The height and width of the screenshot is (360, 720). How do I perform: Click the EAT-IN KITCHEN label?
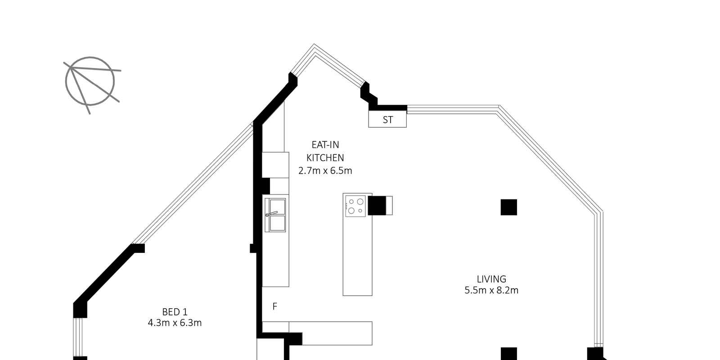click(325, 151)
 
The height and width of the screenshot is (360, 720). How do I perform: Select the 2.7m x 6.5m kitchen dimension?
click(325, 171)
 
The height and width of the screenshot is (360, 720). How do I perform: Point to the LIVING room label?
click(491, 279)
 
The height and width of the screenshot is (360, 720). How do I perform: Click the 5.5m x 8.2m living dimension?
click(491, 290)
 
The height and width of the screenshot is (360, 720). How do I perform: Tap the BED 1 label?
click(175, 312)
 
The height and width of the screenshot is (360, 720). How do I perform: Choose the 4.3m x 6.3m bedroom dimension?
click(175, 323)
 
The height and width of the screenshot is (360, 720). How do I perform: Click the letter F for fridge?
click(275, 306)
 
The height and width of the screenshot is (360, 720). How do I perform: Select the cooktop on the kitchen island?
click(355, 206)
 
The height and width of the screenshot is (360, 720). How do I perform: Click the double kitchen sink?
click(275, 215)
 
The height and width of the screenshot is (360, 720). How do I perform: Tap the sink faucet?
click(271, 213)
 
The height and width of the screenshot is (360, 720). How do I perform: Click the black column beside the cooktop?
click(377, 205)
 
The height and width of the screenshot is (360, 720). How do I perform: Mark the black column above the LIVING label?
click(509, 207)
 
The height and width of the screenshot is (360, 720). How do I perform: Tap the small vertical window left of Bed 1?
click(78, 337)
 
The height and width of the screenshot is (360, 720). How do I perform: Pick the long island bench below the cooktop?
click(357, 256)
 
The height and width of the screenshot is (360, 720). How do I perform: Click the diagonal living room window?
click(549, 159)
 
